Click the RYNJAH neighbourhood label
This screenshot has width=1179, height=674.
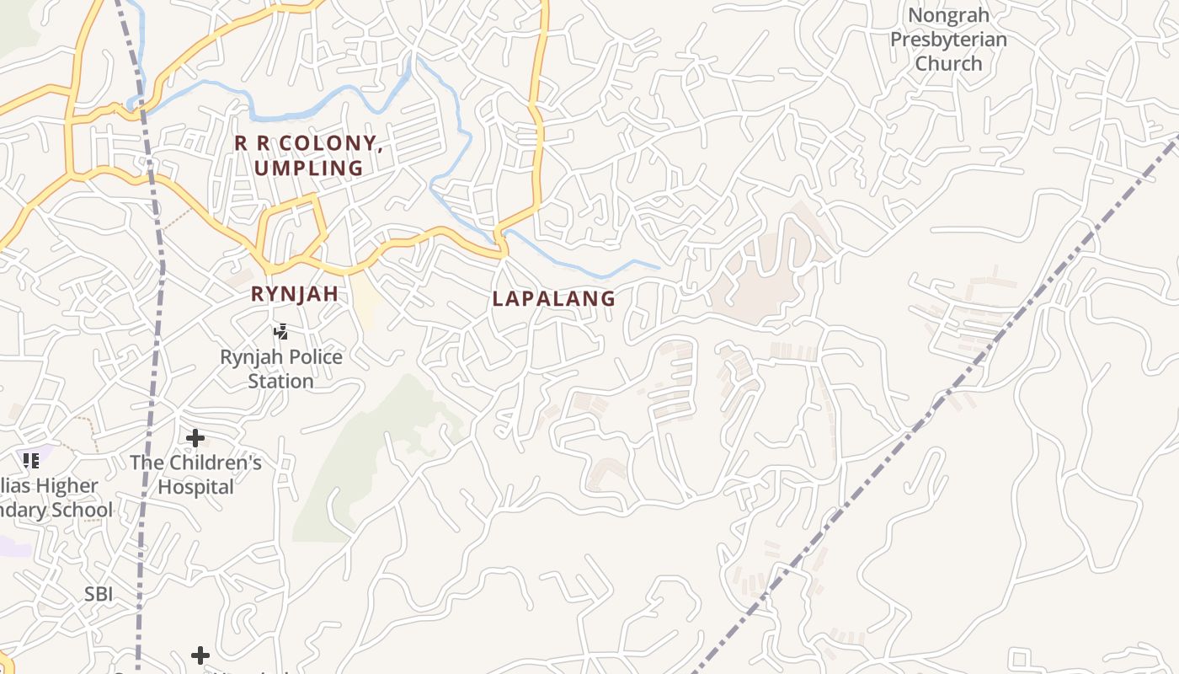click(294, 294)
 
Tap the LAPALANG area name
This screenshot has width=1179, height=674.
click(553, 298)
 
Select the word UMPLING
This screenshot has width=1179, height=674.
click(308, 168)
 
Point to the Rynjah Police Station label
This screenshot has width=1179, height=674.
click(280, 368)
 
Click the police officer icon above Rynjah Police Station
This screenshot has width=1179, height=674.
click(280, 332)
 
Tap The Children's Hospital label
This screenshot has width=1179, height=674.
click(195, 474)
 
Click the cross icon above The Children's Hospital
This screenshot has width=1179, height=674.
click(195, 438)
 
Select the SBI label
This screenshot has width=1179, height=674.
click(99, 594)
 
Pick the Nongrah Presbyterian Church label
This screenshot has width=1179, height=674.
click(948, 40)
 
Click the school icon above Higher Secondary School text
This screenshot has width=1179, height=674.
click(31, 460)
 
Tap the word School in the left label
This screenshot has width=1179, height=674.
click(80, 510)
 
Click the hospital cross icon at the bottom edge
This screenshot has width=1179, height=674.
click(200, 655)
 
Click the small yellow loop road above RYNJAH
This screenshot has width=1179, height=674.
click(291, 227)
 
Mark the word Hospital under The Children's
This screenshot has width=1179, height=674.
click(195, 487)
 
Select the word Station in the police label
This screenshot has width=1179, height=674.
click(280, 381)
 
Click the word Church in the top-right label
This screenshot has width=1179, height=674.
click(948, 63)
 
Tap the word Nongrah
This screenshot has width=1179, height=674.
click(948, 15)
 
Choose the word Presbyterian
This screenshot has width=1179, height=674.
click(948, 40)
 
